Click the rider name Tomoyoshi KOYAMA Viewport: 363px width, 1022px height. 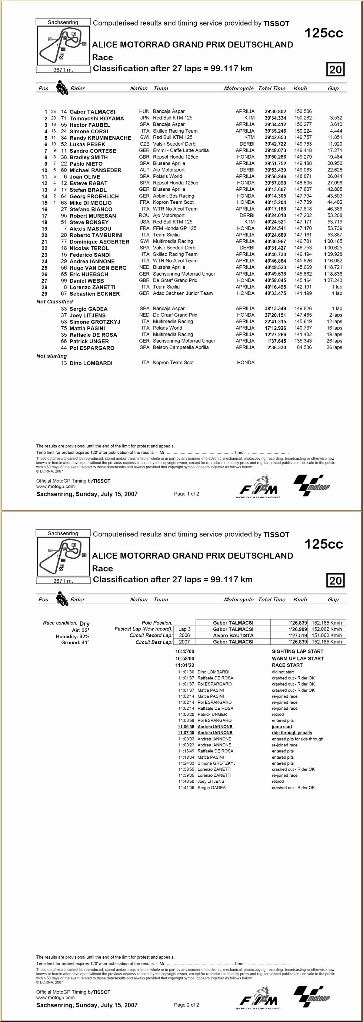coord(97,118)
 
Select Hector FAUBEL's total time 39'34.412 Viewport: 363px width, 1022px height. coord(275,124)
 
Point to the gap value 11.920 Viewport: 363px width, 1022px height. coord(335,144)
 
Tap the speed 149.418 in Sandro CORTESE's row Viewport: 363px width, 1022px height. coord(303,151)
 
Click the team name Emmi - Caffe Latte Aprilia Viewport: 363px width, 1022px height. coord(180,151)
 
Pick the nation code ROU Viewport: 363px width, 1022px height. coord(144,216)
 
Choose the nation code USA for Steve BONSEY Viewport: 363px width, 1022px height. coord(144,222)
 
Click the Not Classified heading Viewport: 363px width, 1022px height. coord(54,302)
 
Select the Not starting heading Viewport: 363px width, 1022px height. coord(51,356)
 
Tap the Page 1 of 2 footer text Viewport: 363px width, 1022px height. coord(186,494)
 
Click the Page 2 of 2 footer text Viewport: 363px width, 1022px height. coord(186,1005)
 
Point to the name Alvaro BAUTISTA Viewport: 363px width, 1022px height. coord(233,636)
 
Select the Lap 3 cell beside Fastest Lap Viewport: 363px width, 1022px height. coord(184,629)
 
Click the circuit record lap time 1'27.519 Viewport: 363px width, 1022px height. coord(298,636)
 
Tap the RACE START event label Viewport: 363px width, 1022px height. coord(287,665)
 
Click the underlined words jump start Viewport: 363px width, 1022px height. coord(282,727)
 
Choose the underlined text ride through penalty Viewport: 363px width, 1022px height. coord(292,733)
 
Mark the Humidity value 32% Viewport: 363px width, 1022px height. coord(84,636)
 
